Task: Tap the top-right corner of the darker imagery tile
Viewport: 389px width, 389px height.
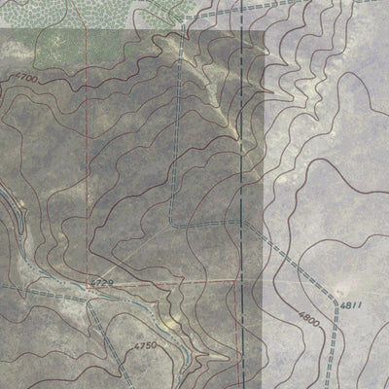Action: pyautogui.click(x=265, y=30)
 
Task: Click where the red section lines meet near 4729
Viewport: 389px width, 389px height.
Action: pyautogui.click(x=87, y=284)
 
